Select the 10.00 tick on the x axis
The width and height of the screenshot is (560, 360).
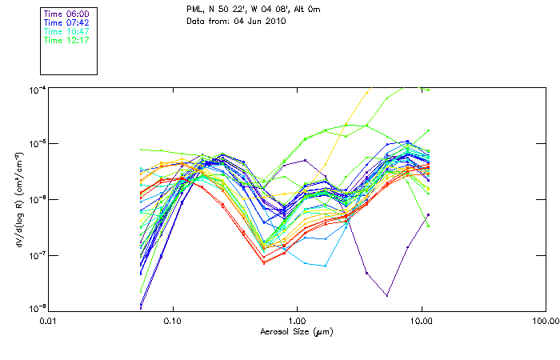421,320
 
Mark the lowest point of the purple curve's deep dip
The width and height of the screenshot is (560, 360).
386,296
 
